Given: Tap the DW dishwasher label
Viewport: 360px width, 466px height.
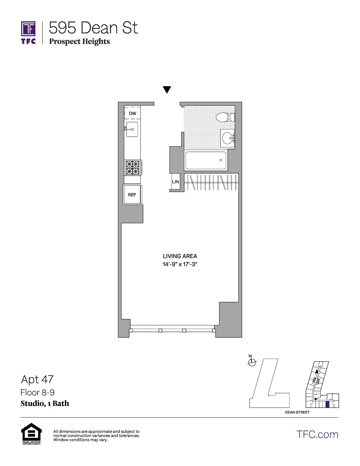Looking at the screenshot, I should coord(132,113).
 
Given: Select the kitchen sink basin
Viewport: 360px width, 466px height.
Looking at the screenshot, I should coord(132,129).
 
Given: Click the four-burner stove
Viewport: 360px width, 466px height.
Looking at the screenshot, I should coord(132,168).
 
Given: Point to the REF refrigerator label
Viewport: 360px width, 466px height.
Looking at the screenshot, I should coord(132,195).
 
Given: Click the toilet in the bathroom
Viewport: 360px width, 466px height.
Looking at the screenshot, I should coord(225,117).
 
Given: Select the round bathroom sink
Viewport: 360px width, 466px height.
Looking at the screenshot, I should coord(227,138).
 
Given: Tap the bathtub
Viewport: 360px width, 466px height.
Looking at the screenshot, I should coord(206,160).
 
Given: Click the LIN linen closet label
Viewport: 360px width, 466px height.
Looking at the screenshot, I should coord(176,182).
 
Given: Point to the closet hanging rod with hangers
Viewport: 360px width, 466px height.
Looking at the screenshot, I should coord(211,182).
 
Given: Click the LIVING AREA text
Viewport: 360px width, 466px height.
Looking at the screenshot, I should coord(180,256).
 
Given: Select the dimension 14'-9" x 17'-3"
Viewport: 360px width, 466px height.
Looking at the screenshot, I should coord(180,264).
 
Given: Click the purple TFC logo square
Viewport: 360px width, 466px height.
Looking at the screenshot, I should coord(28,29).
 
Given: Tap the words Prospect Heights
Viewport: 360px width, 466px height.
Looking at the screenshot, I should coord(79,41).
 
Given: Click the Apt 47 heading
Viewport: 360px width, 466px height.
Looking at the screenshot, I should coord(37,380).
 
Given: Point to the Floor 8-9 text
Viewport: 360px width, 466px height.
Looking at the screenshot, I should coord(37,392).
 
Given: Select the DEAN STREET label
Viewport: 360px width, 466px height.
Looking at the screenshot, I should coord(297,412).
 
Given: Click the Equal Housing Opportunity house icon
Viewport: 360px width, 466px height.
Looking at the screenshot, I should coord(31,432).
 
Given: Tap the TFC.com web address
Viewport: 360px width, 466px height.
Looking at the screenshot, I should coord(317,435).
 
